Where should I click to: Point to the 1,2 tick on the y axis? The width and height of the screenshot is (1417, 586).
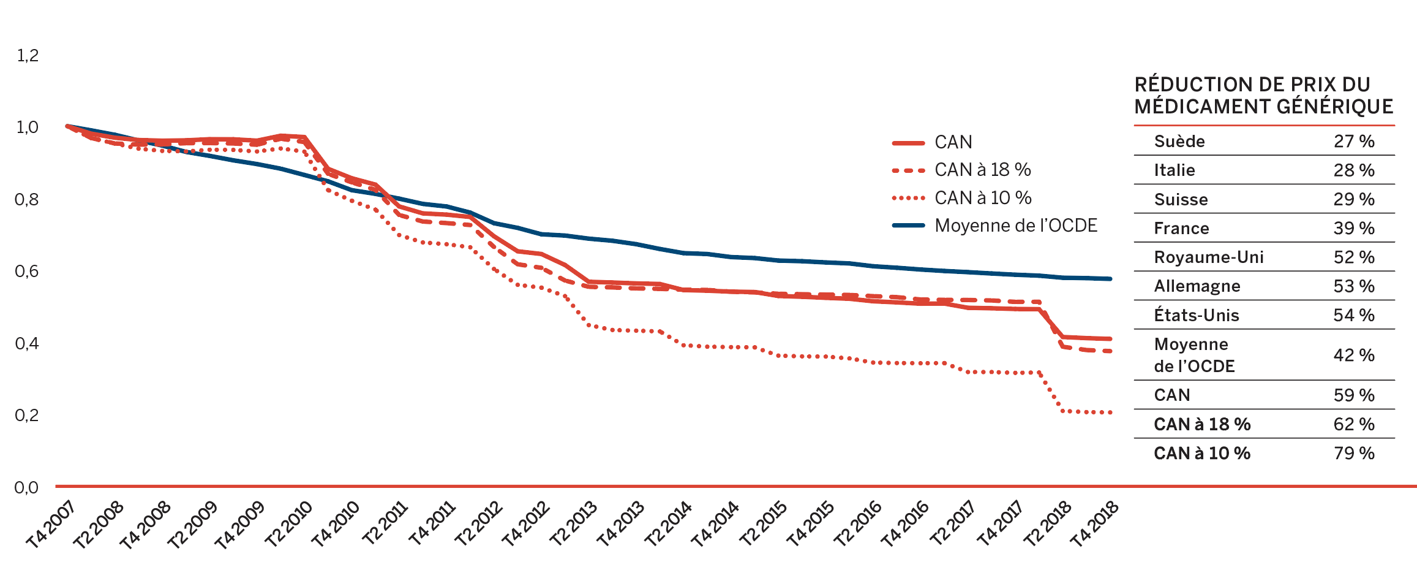(x=28, y=56)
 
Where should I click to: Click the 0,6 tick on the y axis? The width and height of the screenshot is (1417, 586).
(x=27, y=271)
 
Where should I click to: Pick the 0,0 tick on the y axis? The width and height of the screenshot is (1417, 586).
(x=27, y=487)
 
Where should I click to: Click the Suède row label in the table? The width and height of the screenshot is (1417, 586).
(x=1179, y=142)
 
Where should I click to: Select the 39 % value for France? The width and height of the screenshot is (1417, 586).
(x=1354, y=228)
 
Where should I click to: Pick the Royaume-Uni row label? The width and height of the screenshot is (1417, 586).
(x=1209, y=257)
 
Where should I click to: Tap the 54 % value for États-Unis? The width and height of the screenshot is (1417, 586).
(x=1354, y=315)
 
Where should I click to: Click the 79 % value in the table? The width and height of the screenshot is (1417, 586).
(x=1354, y=453)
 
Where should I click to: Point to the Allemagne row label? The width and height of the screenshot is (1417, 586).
(x=1197, y=286)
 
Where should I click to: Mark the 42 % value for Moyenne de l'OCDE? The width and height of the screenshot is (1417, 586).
(x=1354, y=355)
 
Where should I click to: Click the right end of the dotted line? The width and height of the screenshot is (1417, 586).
(x=1110, y=413)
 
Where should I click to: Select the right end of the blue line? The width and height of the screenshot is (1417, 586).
(x=1110, y=279)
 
